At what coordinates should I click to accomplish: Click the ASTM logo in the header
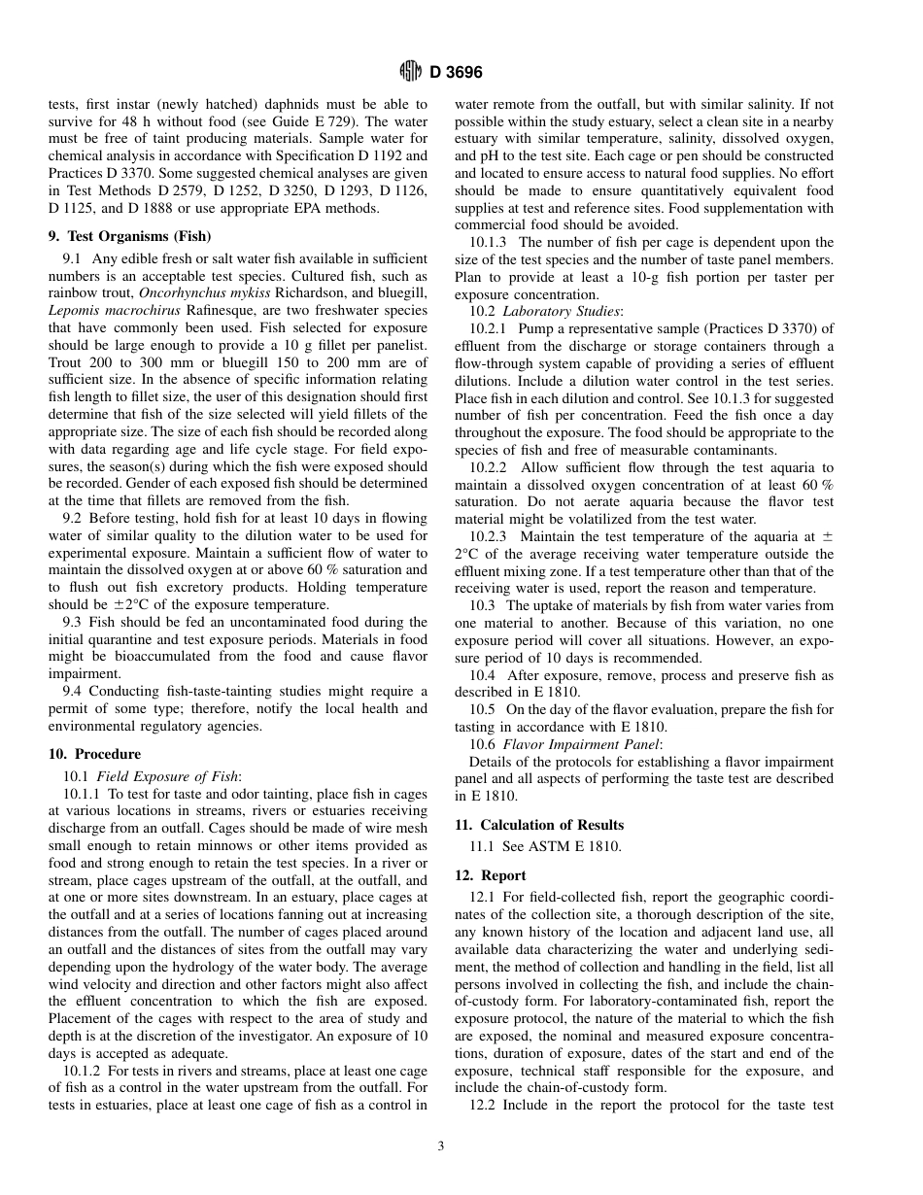click(x=410, y=72)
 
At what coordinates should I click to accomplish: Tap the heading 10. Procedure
click(x=94, y=754)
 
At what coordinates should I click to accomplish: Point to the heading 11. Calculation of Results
click(x=539, y=825)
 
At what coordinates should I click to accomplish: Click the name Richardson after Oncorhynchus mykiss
click(x=291, y=292)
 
